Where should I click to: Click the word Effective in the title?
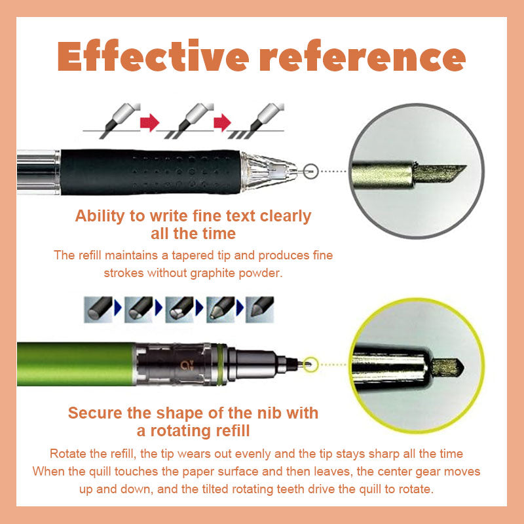[x=153, y=55]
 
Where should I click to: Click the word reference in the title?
[x=363, y=55]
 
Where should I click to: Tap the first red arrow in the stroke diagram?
[x=149, y=122]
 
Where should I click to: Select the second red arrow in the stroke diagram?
[x=222, y=122]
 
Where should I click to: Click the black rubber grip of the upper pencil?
[x=151, y=172]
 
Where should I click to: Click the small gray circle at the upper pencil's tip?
[x=310, y=171]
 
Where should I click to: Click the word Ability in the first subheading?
[x=100, y=217]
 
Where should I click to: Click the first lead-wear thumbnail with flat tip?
[x=98, y=309]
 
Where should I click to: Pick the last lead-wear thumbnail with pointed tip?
[x=260, y=309]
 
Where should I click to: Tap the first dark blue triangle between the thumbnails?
[x=118, y=307]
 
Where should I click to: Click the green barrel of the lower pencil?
[x=76, y=364]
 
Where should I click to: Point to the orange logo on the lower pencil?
[x=185, y=365]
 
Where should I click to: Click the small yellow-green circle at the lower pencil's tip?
[x=310, y=364]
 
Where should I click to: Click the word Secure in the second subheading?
[x=95, y=413]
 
